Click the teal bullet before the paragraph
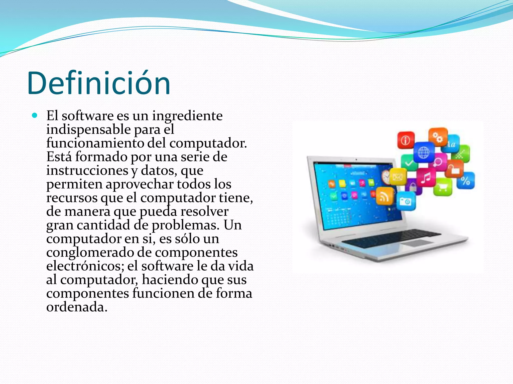[x=35, y=115]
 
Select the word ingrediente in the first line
[x=187, y=116]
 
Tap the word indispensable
[x=88, y=129]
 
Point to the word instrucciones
[x=87, y=170]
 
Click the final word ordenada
[x=77, y=307]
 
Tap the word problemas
[x=185, y=225]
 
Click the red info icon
[x=406, y=140]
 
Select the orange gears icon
[x=438, y=137]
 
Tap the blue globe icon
[x=424, y=152]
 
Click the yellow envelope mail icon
[x=398, y=177]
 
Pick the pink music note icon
[x=426, y=177]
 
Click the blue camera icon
[x=406, y=201]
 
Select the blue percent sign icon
[x=465, y=180]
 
